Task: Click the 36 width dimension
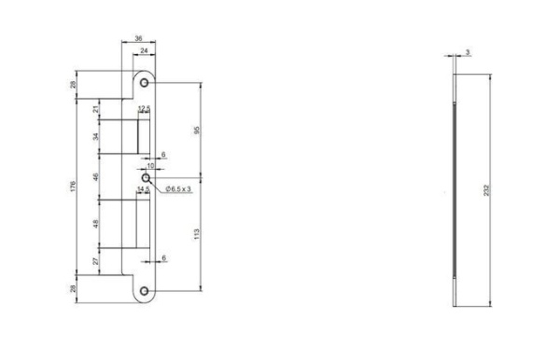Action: [x=138, y=39]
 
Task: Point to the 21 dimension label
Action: [x=96, y=110]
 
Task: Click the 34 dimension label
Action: [x=96, y=137]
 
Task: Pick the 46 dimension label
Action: [x=96, y=175]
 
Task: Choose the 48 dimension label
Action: [x=96, y=223]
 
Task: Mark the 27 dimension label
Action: [x=96, y=263]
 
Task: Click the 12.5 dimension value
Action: [x=144, y=109]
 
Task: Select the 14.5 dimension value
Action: [x=143, y=189]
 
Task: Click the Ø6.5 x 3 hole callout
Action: [x=178, y=189]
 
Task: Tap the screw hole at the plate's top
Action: [x=145, y=83]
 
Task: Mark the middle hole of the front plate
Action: [x=147, y=176]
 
